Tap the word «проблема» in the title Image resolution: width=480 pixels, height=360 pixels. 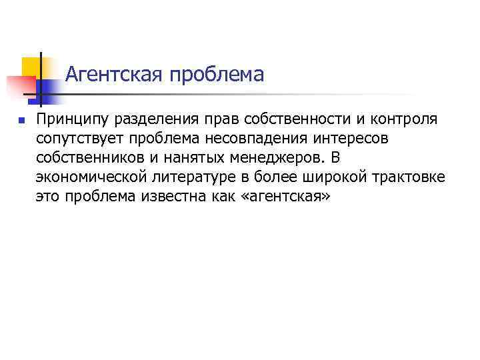coord(217,74)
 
